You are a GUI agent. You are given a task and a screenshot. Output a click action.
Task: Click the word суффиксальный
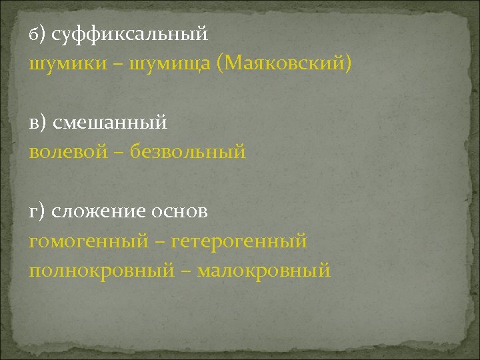click(x=130, y=33)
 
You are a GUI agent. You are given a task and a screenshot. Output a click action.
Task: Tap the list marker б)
click(x=37, y=33)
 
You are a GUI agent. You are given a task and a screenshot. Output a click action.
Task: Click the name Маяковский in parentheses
click(x=287, y=63)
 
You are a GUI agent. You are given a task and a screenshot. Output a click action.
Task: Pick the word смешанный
click(x=111, y=122)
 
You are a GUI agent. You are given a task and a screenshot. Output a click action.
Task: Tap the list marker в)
click(x=37, y=122)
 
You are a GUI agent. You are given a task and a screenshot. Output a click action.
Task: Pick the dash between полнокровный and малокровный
click(x=186, y=271)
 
